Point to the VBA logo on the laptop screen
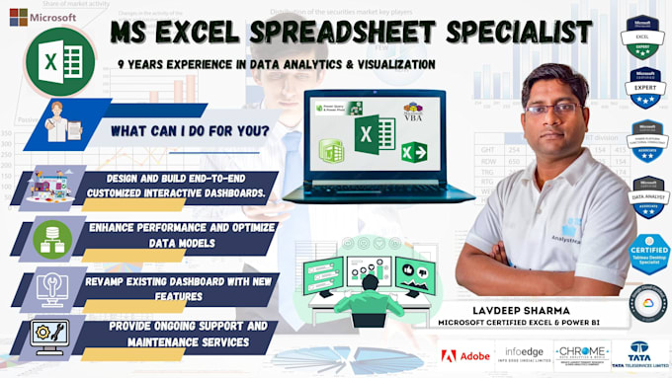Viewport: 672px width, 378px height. pyautogui.click(x=412, y=112)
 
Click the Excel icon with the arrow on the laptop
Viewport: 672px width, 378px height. pyautogui.click(x=413, y=154)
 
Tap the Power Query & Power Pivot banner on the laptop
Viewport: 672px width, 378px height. pyautogui.click(x=338, y=109)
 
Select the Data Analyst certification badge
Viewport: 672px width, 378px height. pyautogui.click(x=646, y=197)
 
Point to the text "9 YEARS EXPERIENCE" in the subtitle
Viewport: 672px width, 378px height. pyautogui.click(x=183, y=64)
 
